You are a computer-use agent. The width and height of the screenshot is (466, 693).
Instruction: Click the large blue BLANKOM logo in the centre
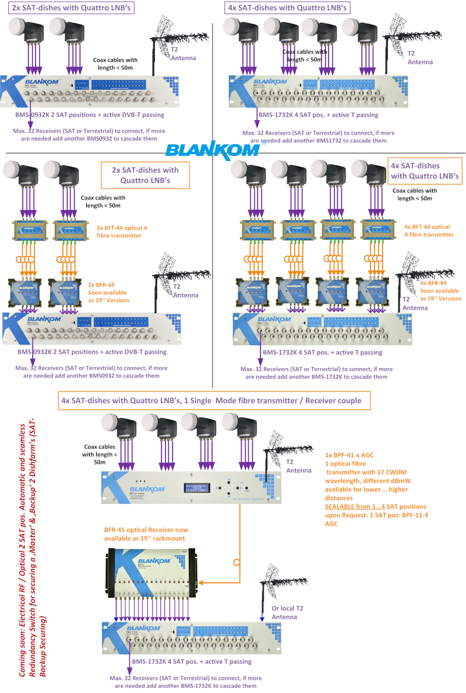(x=212, y=149)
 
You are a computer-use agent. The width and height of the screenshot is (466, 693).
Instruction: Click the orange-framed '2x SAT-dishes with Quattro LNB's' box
(x=145, y=175)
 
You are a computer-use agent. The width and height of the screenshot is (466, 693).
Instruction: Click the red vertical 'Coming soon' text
(x=30, y=548)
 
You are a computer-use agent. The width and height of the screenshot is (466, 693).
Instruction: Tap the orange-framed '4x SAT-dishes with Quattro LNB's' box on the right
(x=425, y=171)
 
